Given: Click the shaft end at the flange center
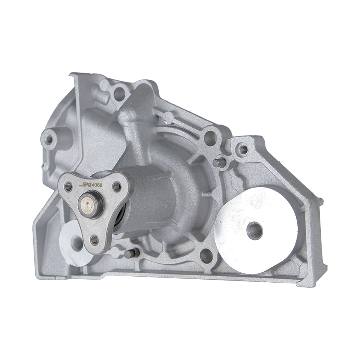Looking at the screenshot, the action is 87,204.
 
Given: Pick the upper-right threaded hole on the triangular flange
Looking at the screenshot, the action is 117,186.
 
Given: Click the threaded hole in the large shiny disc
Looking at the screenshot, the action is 255,230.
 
